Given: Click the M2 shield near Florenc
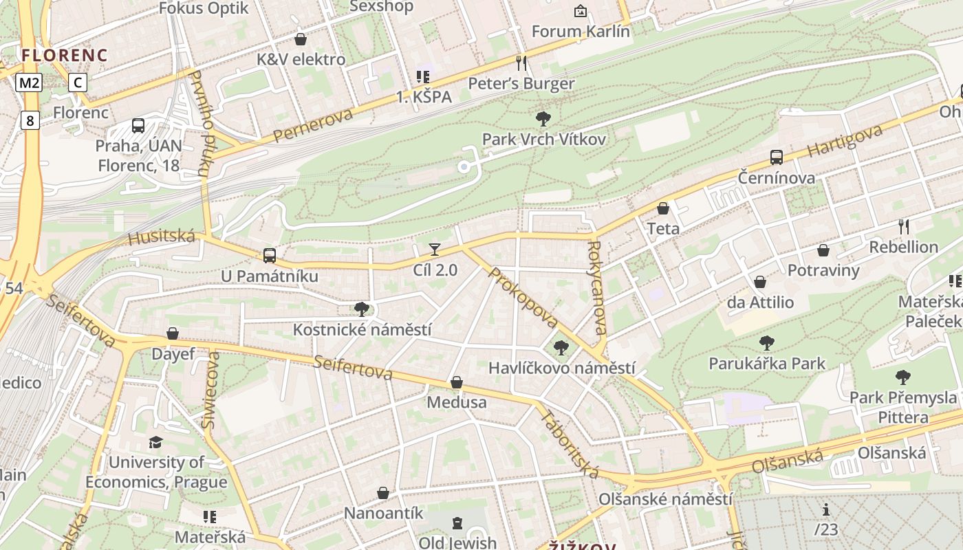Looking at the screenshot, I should [30, 83].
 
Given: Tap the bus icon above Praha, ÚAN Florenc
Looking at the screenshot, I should [138, 126].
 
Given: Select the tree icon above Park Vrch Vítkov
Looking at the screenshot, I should [543, 119].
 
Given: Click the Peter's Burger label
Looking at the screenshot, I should [521, 84].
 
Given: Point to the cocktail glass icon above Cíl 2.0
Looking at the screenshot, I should [435, 249].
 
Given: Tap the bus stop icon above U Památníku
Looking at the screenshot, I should [270, 256].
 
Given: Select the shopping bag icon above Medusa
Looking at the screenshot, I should [457, 382].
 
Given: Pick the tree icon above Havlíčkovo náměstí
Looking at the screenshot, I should [561, 348].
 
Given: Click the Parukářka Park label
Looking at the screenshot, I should [767, 363].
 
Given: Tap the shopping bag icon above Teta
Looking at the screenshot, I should [663, 208].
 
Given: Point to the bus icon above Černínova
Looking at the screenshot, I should [777, 157].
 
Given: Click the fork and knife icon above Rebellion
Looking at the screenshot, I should [904, 226].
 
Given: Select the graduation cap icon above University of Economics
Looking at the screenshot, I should [156, 442].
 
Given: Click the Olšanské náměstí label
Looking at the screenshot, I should [665, 499].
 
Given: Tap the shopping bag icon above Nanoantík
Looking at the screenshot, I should [383, 493].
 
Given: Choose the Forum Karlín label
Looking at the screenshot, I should [581, 31].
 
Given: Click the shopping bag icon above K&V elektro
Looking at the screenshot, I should [301, 39].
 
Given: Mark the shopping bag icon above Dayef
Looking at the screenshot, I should [173, 333].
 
